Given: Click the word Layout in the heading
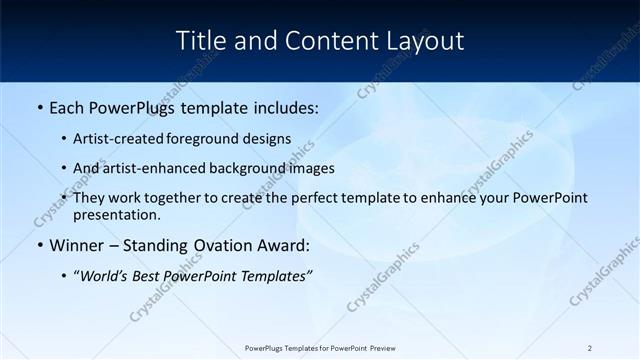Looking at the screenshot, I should pos(426,41).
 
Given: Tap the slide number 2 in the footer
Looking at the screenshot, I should pos(590,348).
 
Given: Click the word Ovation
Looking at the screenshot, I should pos(218,245).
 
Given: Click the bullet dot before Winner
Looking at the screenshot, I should pos(39,245).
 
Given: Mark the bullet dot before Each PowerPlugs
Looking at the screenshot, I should pos(39,105).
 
